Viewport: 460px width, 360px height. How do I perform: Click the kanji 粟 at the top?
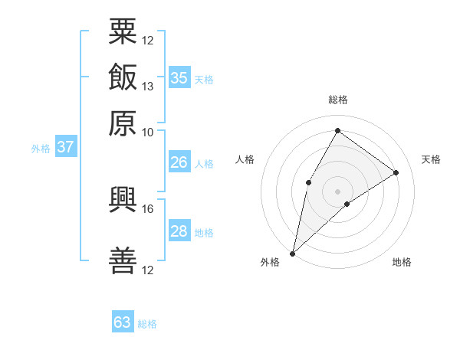click(123, 31)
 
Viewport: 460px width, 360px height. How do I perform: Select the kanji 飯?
click(123, 77)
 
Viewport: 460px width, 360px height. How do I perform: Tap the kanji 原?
click(123, 123)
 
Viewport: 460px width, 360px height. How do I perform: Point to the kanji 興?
click(123, 200)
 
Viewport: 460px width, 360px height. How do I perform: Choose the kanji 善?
click(123, 260)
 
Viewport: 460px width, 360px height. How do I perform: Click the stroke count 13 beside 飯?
click(147, 87)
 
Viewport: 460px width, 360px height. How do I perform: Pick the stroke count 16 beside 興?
click(147, 209)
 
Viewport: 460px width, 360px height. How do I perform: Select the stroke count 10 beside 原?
click(147, 133)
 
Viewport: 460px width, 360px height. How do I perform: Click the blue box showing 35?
click(179, 77)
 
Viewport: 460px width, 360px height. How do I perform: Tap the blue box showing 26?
click(179, 162)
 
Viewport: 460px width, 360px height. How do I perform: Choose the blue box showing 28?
click(179, 230)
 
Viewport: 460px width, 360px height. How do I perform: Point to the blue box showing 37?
click(66, 146)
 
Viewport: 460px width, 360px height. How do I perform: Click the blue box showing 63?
click(123, 321)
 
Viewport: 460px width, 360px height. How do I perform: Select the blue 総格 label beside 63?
click(147, 324)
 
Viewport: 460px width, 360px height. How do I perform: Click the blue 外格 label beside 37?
click(41, 149)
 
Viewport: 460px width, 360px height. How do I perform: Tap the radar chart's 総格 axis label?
click(338, 100)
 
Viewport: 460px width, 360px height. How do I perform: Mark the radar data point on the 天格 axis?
click(396, 172)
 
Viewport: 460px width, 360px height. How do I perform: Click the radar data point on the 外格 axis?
click(292, 254)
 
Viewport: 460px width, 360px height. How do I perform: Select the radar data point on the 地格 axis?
click(347, 204)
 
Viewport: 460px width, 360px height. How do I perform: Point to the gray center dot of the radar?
click(337, 191)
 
